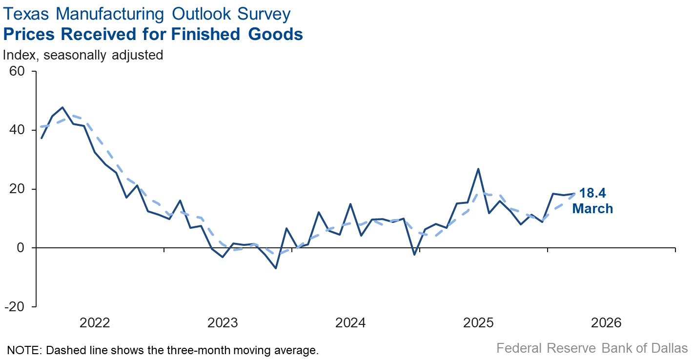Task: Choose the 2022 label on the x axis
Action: [95, 322]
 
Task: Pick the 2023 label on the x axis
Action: [223, 322]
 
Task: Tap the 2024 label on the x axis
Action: [350, 322]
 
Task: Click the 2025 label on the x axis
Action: [479, 322]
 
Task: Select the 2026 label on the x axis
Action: [607, 322]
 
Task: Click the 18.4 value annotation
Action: [592, 193]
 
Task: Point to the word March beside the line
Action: [592, 209]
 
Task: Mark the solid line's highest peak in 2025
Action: [478, 169]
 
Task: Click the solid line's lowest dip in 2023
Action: [276, 268]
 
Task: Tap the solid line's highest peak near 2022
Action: [62, 107]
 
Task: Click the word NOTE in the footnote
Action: [22, 350]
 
